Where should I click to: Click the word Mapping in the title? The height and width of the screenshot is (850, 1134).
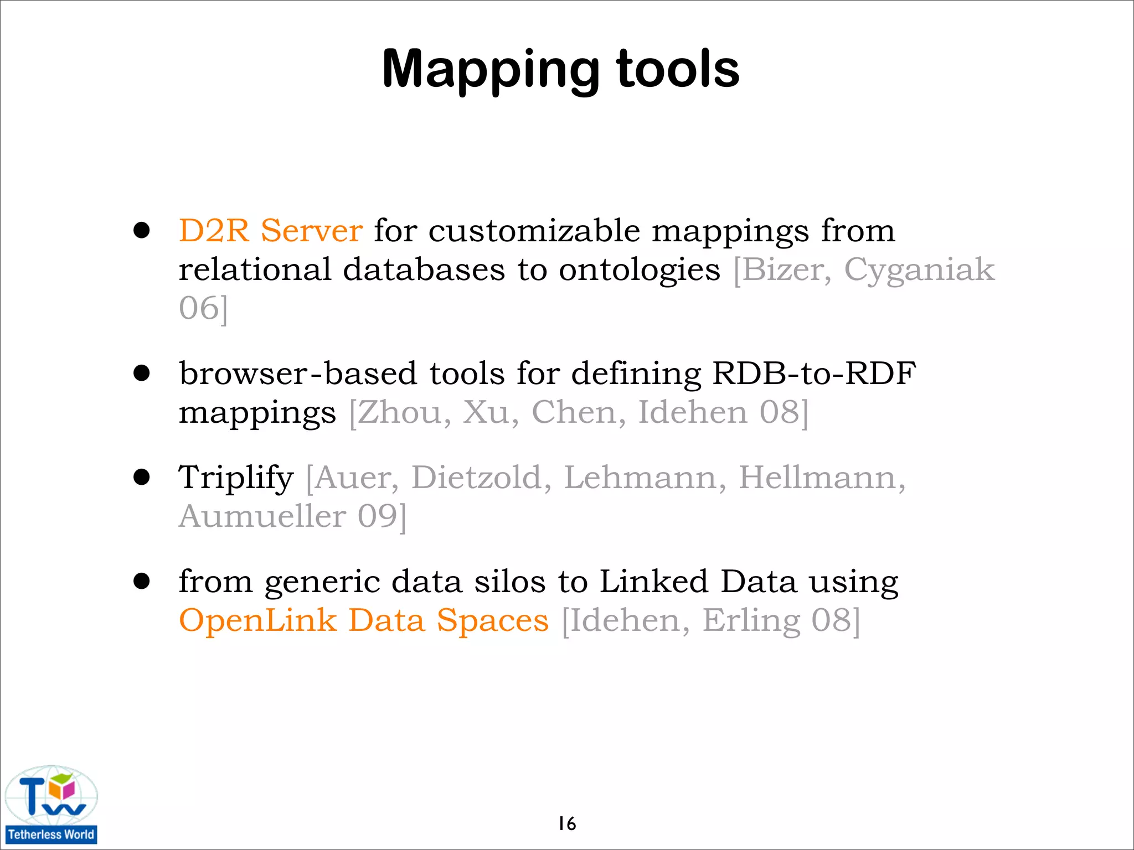pos(491,70)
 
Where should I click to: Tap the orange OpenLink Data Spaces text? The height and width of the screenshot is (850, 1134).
pos(364,620)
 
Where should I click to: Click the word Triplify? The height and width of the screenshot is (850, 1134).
pos(236,478)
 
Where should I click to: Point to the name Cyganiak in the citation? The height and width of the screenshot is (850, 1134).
pos(919,270)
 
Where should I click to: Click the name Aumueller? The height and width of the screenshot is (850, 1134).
pos(262,516)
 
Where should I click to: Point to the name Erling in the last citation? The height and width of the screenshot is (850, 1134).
pos(751,620)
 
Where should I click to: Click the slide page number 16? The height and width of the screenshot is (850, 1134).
pos(567,823)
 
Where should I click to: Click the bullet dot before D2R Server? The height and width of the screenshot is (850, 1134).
pos(142,230)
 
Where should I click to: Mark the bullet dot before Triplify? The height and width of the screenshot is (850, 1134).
pos(142,477)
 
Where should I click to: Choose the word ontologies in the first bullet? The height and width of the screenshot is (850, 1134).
pos(640,270)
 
